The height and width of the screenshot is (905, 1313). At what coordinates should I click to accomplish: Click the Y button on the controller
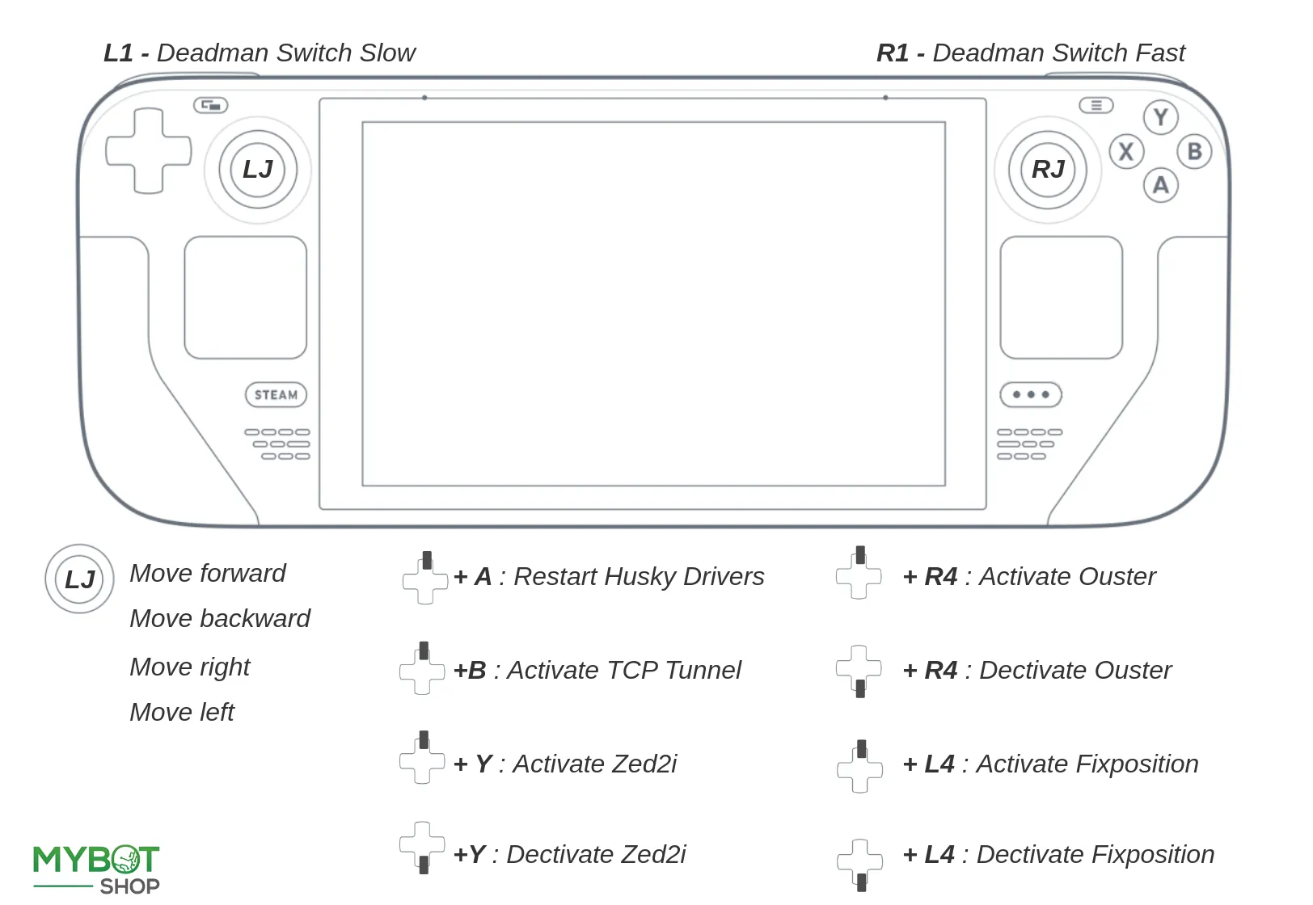point(1160,118)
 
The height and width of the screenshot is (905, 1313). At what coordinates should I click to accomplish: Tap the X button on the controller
point(1126,152)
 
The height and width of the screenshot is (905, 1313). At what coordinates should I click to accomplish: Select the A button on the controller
point(1160,186)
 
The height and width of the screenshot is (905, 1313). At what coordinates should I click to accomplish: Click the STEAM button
point(276,395)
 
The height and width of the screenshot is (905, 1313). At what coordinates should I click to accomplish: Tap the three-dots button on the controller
point(1030,395)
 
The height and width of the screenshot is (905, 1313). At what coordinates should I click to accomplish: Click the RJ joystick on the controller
point(1048,170)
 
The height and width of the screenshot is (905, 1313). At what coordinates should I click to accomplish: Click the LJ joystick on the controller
point(258,170)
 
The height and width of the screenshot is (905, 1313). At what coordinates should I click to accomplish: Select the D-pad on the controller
point(148,151)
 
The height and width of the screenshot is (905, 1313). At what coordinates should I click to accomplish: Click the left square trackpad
point(246,297)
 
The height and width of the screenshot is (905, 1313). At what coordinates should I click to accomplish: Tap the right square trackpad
point(1061,297)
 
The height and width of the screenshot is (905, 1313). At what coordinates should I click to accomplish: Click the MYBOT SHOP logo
point(96,869)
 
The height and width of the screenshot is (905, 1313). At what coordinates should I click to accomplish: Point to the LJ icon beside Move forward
point(79,579)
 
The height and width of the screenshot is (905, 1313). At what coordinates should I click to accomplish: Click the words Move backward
point(220,619)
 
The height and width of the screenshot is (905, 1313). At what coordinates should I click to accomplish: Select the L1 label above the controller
point(118,53)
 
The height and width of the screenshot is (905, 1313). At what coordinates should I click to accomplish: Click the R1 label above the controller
point(892,53)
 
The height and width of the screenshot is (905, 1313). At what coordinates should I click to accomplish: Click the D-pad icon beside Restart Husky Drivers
point(425,578)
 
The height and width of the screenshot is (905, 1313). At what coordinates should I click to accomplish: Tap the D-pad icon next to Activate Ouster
point(859,575)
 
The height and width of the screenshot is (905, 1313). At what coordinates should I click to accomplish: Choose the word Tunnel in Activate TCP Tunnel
point(703,671)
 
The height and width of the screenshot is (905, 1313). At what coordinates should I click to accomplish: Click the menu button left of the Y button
point(1096,106)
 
